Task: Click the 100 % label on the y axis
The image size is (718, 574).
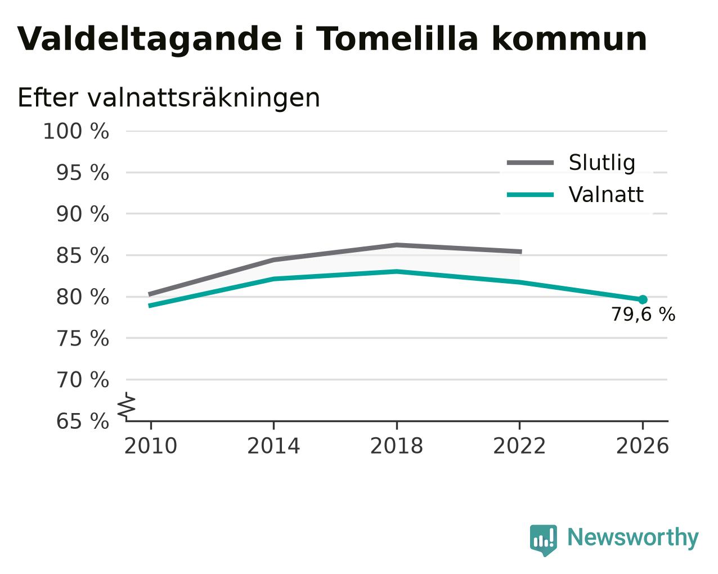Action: click(76, 131)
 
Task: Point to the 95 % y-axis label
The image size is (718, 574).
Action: click(82, 173)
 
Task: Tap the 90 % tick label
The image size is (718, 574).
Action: click(82, 214)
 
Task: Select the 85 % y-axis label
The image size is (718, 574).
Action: click(82, 255)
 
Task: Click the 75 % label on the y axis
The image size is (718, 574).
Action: click(82, 338)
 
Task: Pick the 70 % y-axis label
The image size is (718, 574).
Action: click(82, 380)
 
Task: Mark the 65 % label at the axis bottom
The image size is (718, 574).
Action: click(82, 421)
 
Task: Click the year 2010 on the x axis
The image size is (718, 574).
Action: click(150, 446)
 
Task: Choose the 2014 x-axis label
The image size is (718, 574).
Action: click(273, 446)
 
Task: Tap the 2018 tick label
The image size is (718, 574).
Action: click(396, 446)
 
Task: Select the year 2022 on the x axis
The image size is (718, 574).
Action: click(519, 446)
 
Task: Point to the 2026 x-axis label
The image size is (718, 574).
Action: click(642, 446)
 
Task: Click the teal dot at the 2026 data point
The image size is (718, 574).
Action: click(643, 300)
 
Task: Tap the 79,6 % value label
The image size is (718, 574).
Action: click(643, 315)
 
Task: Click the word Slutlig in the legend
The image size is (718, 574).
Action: click(602, 163)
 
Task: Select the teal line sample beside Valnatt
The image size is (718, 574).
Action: click(530, 195)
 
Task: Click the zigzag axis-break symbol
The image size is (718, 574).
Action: click(127, 406)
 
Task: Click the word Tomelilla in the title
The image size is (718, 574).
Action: click(397, 39)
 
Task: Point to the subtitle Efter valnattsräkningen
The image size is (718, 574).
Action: click(169, 98)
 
